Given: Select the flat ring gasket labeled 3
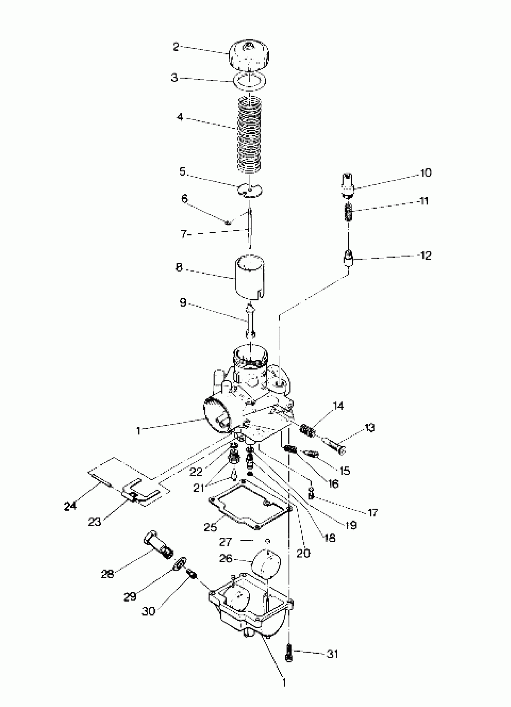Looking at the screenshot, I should (x=250, y=81).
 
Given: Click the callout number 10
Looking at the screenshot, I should (x=426, y=173).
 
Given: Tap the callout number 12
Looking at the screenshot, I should (x=426, y=256).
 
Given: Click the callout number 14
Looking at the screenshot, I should (x=338, y=406).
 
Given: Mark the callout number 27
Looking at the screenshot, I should (x=225, y=542).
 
